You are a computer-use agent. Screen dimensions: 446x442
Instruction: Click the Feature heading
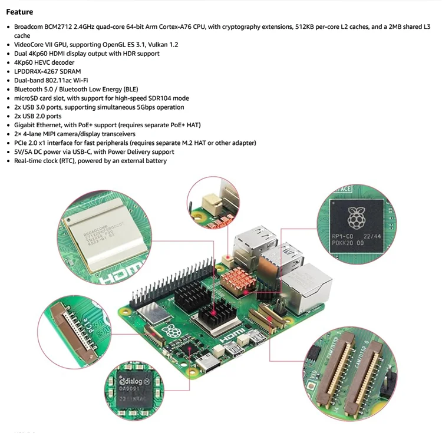[x=19, y=12]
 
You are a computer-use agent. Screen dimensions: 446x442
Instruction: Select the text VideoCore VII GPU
[x=40, y=45]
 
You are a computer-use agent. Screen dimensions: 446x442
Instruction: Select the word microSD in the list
[x=26, y=98]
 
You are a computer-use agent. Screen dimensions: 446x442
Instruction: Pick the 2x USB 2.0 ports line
[x=38, y=116]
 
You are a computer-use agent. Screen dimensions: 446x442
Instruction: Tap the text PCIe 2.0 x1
[x=33, y=143]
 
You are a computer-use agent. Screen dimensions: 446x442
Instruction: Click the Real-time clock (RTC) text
[x=44, y=161]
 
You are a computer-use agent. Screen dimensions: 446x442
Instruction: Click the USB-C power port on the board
[x=209, y=367]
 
